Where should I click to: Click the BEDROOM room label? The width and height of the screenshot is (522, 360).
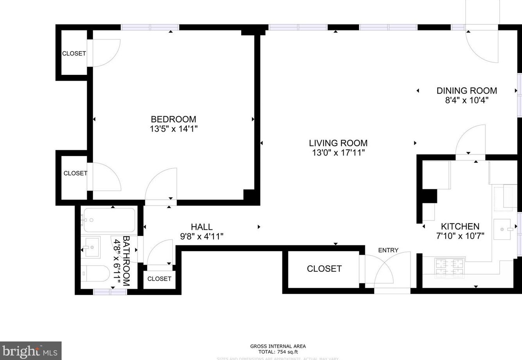click(x=174, y=119)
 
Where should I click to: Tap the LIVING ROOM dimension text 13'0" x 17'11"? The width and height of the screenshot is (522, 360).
click(x=338, y=153)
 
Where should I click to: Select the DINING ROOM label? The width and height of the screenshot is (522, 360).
click(x=467, y=90)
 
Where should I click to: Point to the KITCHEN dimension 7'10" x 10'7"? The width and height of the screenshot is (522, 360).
click(x=460, y=236)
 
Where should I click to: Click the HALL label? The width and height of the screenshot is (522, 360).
click(x=202, y=227)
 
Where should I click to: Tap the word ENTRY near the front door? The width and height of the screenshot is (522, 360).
click(x=388, y=250)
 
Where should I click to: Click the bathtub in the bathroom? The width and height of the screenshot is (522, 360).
click(x=109, y=220)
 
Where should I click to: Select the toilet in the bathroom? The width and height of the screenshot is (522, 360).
click(x=96, y=274)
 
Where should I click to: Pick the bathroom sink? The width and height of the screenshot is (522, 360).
click(x=91, y=247)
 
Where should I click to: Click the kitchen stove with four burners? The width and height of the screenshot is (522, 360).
click(x=450, y=268)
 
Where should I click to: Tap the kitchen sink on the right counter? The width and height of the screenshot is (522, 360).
click(x=503, y=229)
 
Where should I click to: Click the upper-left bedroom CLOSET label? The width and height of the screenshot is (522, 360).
click(x=74, y=53)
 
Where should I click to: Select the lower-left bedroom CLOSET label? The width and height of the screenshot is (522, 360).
click(x=75, y=173)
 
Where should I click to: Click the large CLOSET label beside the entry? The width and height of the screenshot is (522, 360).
click(x=324, y=268)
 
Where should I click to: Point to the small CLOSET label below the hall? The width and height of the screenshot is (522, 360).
click(x=159, y=278)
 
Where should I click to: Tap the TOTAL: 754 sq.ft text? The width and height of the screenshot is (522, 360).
click(x=278, y=352)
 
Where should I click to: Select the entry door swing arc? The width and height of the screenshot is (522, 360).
click(x=392, y=269)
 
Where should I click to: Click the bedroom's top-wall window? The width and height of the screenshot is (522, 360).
click(x=150, y=27)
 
